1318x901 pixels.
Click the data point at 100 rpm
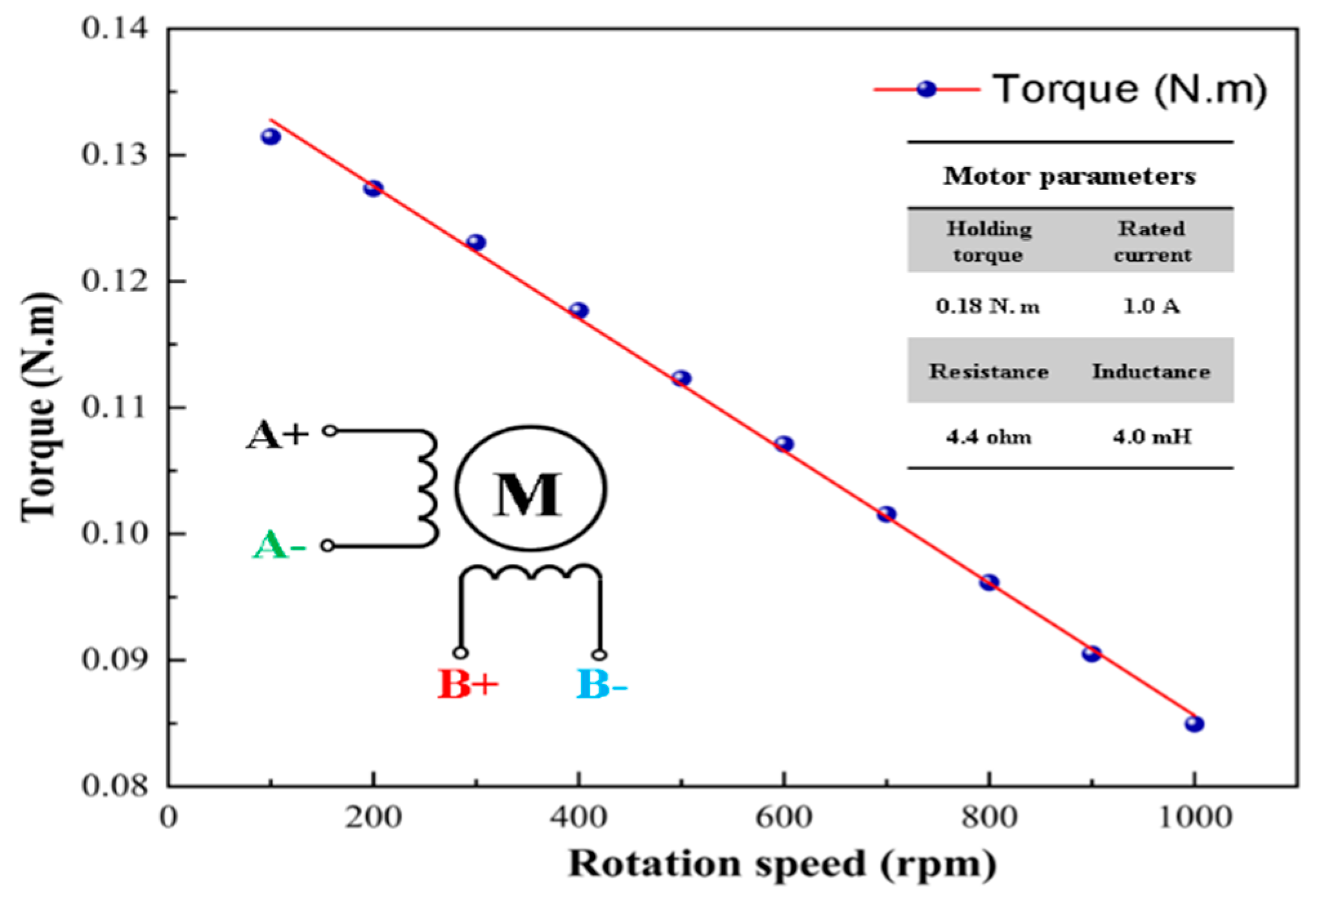[271, 137]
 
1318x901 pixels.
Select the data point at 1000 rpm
[1194, 724]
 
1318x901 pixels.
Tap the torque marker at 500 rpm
[681, 378]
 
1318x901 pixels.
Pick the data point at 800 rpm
[989, 583]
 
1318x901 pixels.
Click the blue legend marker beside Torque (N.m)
[926, 89]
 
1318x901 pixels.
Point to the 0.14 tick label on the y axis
[115, 28]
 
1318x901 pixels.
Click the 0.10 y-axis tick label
[115, 534]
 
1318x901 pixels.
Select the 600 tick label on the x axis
[783, 817]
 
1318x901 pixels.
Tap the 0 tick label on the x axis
[168, 817]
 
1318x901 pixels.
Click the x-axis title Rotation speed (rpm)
[782, 864]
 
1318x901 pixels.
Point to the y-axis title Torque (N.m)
[40, 407]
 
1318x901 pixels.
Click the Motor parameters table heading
[1069, 176]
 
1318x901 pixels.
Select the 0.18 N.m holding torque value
[988, 306]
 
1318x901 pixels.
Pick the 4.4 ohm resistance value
[988, 438]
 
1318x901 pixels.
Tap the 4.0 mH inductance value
[1152, 438]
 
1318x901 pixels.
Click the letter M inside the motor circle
[528, 494]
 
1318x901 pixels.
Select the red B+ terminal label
[468, 684]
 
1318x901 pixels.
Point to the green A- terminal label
[279, 546]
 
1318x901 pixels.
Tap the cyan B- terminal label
[601, 684]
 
